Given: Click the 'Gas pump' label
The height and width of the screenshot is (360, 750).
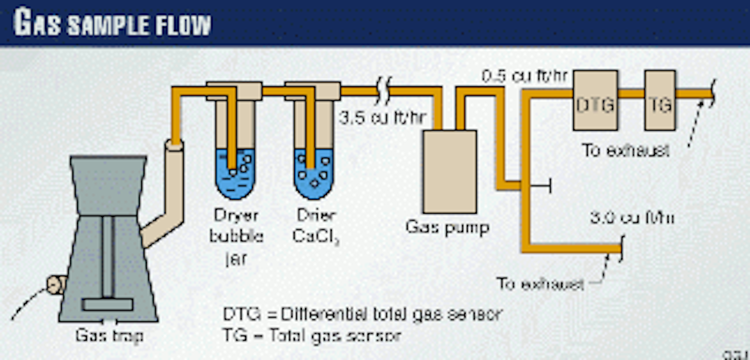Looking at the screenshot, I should pyautogui.click(x=447, y=227).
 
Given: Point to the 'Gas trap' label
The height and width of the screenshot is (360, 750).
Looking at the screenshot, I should pyautogui.click(x=108, y=336).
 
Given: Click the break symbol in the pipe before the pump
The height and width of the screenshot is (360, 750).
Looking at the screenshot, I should pyautogui.click(x=383, y=92).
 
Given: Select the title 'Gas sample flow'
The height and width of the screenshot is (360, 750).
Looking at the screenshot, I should pyautogui.click(x=112, y=24).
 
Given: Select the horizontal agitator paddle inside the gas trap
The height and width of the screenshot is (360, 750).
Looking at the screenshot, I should pyautogui.click(x=107, y=305).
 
